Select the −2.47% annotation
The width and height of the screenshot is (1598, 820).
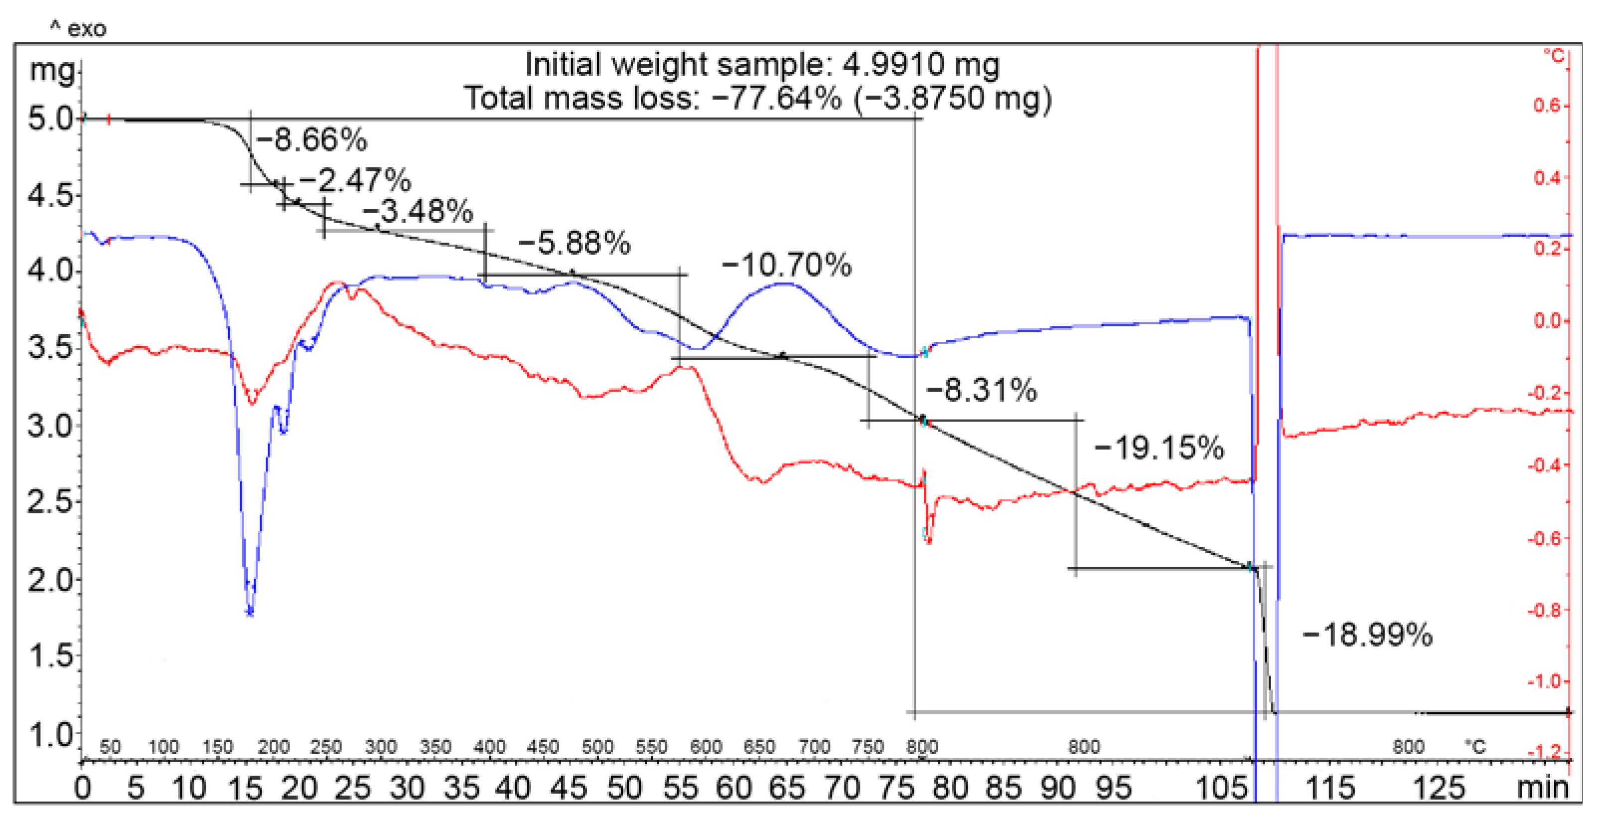point(355,180)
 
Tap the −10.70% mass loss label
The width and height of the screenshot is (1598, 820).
point(787,266)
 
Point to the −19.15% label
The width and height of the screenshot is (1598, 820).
point(1159,448)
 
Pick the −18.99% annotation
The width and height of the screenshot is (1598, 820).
point(1367,635)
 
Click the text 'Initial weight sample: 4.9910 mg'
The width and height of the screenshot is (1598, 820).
point(762,64)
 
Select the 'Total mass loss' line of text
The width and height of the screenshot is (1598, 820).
point(758,98)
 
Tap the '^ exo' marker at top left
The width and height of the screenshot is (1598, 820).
point(78,28)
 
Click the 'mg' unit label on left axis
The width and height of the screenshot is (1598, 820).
point(52,69)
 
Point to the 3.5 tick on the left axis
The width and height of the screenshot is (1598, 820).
point(51,348)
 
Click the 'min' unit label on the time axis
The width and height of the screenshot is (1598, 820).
point(1542,788)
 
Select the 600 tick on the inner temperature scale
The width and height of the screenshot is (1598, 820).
point(706,746)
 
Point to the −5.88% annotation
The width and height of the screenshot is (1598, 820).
point(575,243)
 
